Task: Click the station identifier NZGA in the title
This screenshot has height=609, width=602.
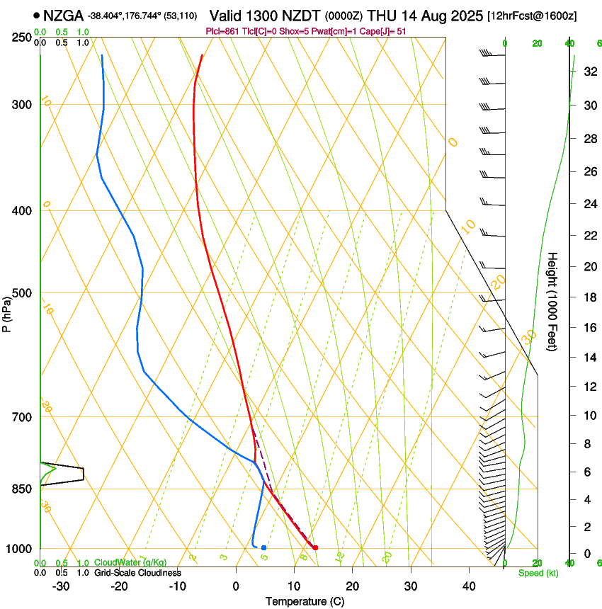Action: click(x=62, y=16)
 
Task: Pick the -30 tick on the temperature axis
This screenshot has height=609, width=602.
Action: click(x=61, y=586)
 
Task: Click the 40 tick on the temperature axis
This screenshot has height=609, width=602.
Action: click(x=468, y=586)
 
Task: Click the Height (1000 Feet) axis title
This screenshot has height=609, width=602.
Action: click(x=553, y=301)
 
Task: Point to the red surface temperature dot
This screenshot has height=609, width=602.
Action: click(x=315, y=547)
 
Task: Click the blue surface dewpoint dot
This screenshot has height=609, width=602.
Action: click(x=263, y=547)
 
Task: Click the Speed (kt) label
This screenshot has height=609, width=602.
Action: click(x=538, y=573)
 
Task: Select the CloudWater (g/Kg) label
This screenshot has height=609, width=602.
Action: click(x=131, y=563)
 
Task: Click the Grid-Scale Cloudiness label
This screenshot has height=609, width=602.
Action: click(x=138, y=572)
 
